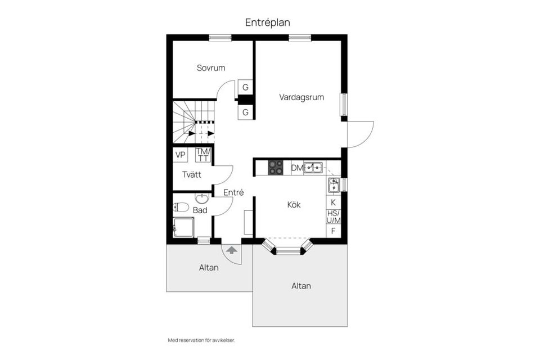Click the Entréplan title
click(268, 22)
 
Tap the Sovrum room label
click(211, 68)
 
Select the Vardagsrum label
click(301, 97)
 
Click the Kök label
click(294, 205)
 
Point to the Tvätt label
click(192, 175)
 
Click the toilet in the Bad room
click(181, 208)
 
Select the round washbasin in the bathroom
click(202, 199)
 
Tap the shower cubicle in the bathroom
click(183, 228)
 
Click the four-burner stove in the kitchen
click(276, 168)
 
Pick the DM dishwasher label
click(297, 168)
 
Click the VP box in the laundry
click(180, 155)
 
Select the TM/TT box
click(203, 155)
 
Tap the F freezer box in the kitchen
click(333, 231)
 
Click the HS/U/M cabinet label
click(334, 217)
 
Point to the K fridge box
click(333, 202)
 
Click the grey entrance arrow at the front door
click(232, 250)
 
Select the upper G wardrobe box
click(246, 88)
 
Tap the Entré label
click(233, 192)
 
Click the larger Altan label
click(301, 286)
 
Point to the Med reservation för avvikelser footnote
click(201, 340)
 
